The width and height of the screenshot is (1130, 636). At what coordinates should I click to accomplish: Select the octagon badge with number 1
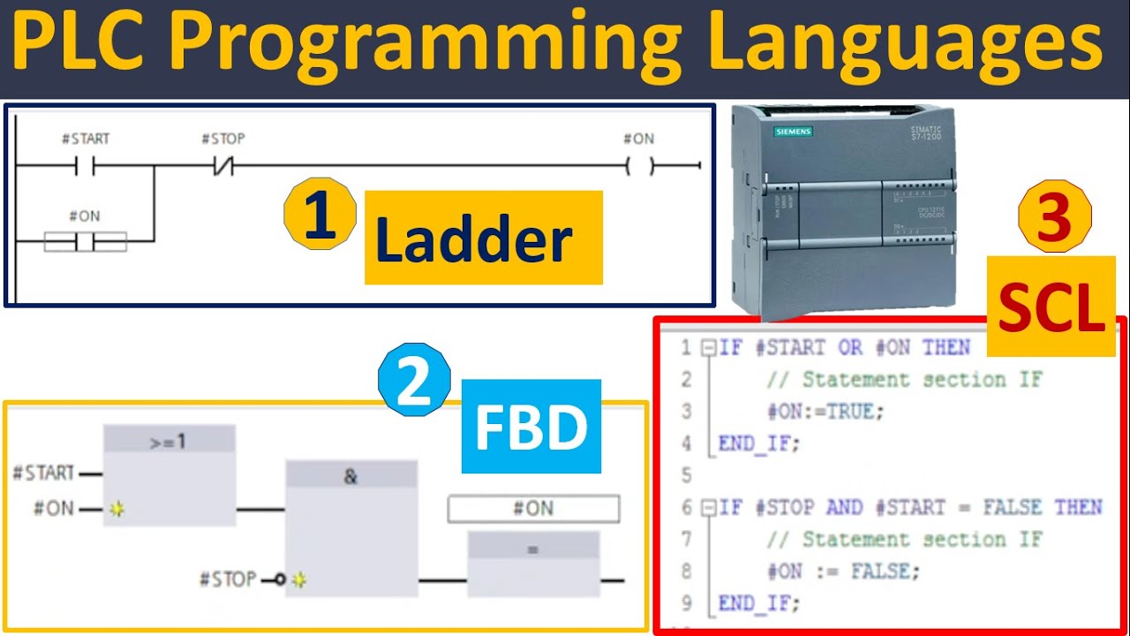coord(320,214)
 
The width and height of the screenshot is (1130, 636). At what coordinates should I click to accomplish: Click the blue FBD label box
coord(531,427)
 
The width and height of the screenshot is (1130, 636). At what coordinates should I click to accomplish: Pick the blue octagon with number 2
coord(413,380)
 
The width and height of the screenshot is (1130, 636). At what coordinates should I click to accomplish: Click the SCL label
coord(1051,306)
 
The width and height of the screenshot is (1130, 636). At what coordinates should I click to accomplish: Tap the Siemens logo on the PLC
coord(793,132)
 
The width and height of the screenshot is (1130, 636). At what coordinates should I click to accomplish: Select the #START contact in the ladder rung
coord(86,165)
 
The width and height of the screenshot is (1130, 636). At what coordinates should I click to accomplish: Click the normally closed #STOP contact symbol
coord(222,165)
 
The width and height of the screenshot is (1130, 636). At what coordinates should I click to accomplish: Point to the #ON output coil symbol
coord(639,165)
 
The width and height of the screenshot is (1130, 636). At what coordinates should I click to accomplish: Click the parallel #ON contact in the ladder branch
coord(85,240)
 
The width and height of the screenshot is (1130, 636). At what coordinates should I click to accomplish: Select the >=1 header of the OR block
coord(169,439)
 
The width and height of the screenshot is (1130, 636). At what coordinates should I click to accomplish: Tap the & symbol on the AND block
coord(350,476)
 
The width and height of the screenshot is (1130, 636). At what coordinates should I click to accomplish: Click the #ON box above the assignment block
coord(533,509)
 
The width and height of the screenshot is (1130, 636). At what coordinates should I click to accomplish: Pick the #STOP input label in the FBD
coord(228,579)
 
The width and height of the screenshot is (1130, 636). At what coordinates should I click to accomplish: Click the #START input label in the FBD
coord(43,473)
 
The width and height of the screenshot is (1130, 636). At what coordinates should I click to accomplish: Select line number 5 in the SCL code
coord(686,475)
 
